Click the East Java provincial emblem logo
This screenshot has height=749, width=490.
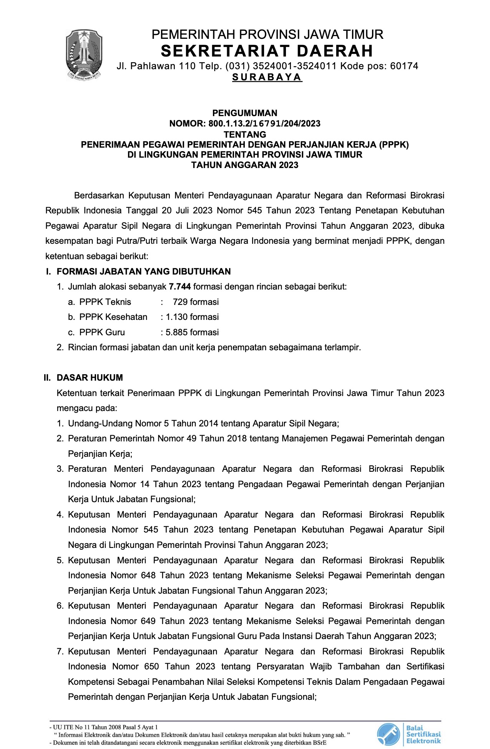pyautogui.click(x=84, y=55)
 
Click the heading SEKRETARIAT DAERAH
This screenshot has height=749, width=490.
pyautogui.click(x=267, y=51)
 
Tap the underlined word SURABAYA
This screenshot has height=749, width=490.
pyautogui.click(x=267, y=77)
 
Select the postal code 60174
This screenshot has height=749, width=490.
pyautogui.click(x=404, y=66)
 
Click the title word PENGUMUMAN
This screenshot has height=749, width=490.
pyautogui.click(x=245, y=113)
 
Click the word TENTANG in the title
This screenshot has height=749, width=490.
pyautogui.click(x=245, y=135)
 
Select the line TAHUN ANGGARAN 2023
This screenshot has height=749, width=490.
pyautogui.click(x=245, y=165)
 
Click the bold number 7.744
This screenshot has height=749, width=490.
pyautogui.click(x=180, y=287)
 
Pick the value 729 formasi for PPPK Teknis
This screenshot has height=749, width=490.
pyautogui.click(x=196, y=302)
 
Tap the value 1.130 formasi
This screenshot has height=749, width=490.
pyautogui.click(x=192, y=317)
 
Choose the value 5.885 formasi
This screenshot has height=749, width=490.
pyautogui.click(x=192, y=332)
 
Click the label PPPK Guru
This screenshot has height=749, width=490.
pyautogui.click(x=102, y=332)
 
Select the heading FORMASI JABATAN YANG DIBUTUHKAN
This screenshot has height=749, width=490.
pyautogui.click(x=144, y=271)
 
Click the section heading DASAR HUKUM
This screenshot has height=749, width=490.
pyautogui.click(x=90, y=378)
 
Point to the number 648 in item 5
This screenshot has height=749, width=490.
pyautogui.click(x=148, y=576)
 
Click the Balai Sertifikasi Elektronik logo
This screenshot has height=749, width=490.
pyautogui.click(x=409, y=734)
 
